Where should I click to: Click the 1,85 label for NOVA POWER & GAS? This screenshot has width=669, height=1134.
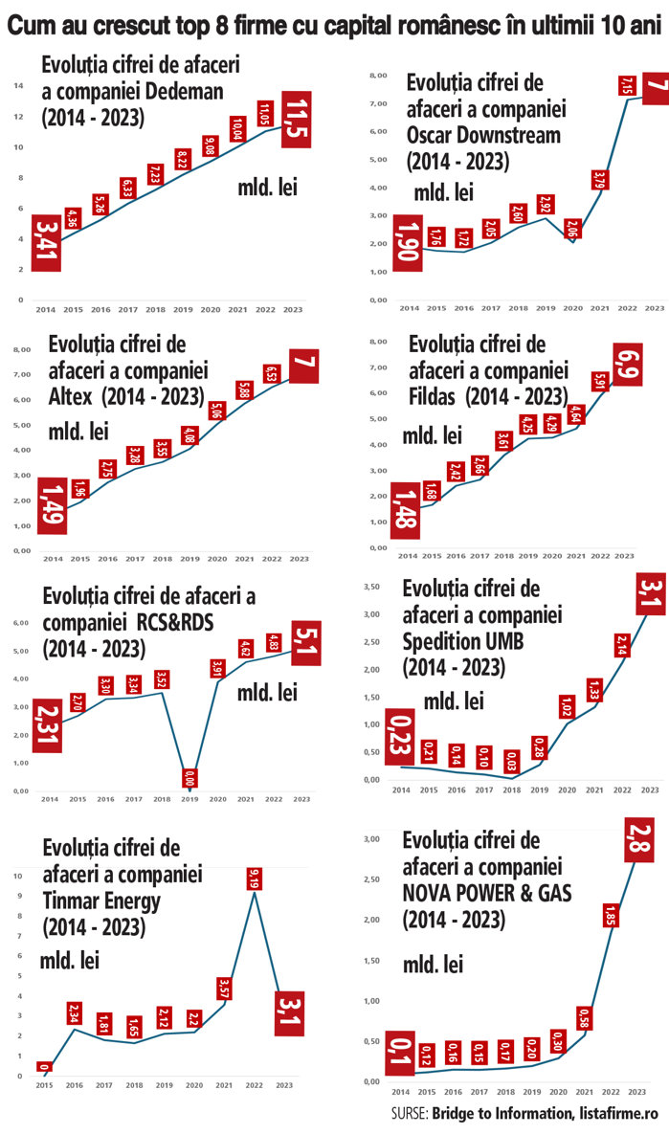610,942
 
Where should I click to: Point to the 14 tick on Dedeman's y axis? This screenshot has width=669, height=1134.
18,86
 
